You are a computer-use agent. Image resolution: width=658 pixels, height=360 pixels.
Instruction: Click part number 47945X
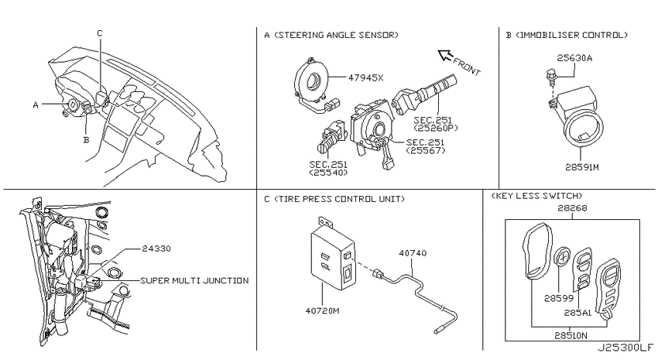tap(366, 77)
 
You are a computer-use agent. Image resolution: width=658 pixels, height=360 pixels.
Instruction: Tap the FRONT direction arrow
tap(445, 56)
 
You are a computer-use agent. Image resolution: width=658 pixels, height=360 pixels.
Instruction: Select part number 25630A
tap(574, 58)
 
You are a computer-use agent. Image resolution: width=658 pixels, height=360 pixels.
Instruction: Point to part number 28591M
tap(581, 167)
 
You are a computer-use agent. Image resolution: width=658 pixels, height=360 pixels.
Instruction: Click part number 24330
tap(156, 249)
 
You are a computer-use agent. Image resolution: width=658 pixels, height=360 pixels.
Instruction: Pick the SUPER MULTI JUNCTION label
tap(195, 280)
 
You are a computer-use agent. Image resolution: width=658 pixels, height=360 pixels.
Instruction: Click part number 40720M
tap(322, 311)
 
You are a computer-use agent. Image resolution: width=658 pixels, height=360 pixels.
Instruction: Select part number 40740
tap(413, 253)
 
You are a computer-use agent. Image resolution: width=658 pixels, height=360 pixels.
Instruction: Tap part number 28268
tap(572, 208)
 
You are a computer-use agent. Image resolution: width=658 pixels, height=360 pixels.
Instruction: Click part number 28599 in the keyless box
tap(559, 298)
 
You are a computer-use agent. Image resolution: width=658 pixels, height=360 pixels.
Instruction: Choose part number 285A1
tap(577, 313)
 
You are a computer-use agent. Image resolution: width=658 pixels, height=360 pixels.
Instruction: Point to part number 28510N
tap(571, 335)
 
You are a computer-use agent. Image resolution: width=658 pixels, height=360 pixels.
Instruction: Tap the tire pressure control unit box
tap(333, 260)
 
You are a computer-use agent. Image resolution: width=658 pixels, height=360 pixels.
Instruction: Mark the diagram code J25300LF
tap(625, 348)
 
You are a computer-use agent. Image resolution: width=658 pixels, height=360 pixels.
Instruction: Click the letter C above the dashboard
tap(100, 33)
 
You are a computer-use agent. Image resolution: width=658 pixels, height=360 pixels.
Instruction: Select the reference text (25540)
tap(328, 173)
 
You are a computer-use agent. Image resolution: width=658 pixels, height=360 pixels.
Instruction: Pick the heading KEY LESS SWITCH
tap(537, 196)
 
